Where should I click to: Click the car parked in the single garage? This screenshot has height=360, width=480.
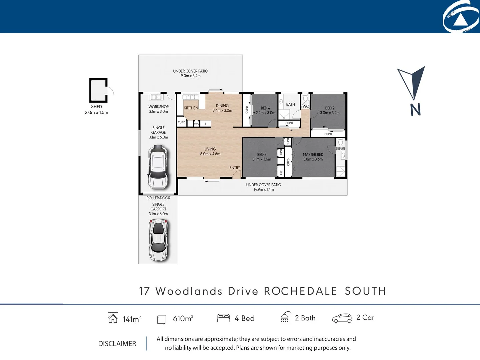tap(158, 167)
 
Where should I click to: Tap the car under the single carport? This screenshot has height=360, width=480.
tap(158, 240)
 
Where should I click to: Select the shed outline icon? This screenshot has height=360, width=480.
tap(98, 90)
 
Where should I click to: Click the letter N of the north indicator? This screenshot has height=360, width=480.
tap(415, 110)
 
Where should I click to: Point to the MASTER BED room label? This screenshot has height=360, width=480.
tap(313, 155)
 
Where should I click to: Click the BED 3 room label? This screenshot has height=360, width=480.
tap(262, 155)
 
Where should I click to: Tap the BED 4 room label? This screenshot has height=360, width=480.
tap(265, 108)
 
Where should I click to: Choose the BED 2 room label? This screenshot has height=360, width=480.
tap(330, 108)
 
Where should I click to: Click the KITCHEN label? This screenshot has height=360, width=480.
tap(191, 108)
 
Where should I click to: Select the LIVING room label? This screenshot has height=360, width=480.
tap(210, 149)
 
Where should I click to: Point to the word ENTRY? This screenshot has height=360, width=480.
tap(235, 168)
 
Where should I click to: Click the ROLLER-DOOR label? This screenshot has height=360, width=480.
tap(158, 198)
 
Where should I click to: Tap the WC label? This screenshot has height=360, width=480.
tap(306, 107)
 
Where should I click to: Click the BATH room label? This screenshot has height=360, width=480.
tap(290, 104)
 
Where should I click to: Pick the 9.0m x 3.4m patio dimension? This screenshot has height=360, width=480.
tap(191, 76)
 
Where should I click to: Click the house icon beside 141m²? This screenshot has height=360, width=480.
tap(113, 317)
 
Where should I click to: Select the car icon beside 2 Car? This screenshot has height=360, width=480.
tap(342, 318)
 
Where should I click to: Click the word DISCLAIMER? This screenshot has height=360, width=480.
tap(117, 344)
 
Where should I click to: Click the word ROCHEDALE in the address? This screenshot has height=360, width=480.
tap(300, 291)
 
